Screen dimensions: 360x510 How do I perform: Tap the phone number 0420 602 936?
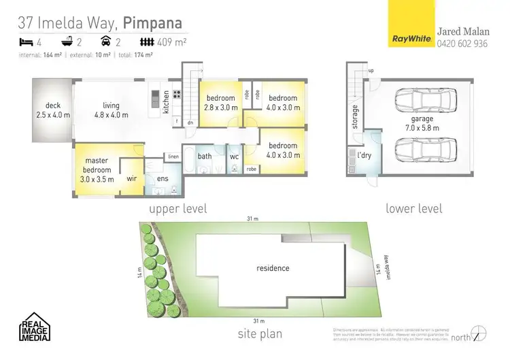(x=462, y=44)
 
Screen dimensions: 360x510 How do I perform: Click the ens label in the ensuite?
(x=163, y=179)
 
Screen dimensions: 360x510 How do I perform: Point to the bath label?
(x=205, y=156)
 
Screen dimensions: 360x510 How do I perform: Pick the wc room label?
(x=234, y=156)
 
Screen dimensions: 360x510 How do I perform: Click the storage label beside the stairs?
(x=355, y=117)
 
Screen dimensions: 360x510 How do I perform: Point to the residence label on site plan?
(x=273, y=268)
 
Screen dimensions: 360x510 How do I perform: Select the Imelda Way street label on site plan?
(x=387, y=266)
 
